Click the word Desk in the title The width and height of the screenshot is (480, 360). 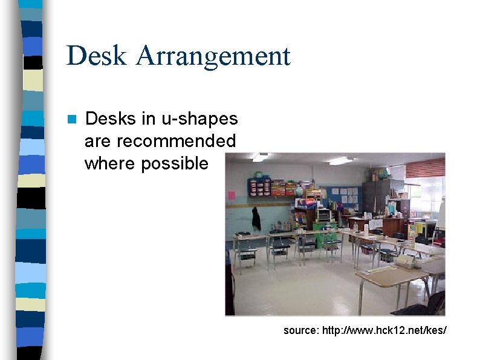click(97, 56)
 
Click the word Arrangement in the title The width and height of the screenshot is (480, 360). click(213, 57)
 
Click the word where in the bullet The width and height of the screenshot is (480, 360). click(110, 163)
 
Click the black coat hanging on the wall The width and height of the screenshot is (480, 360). click(256, 218)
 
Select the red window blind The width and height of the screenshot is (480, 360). click(425, 168)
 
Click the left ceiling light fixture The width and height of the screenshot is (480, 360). click(260, 157)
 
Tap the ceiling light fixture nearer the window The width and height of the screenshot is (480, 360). click(340, 161)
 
